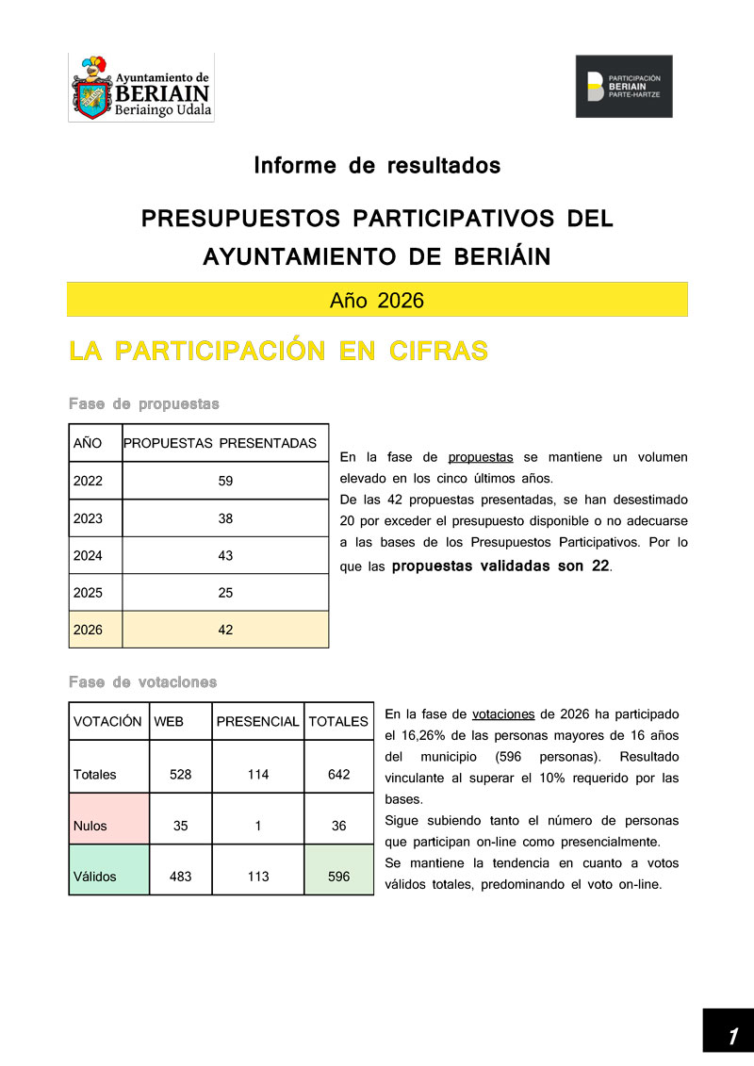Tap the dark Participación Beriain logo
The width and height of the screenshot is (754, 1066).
624,86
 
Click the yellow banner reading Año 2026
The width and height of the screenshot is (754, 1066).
377,300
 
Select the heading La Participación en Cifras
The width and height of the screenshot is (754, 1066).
278,352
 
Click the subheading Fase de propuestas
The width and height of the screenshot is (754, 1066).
143,404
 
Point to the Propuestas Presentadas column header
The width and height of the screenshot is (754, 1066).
225,443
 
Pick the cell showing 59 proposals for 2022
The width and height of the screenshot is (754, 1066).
225,481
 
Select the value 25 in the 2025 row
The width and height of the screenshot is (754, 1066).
225,593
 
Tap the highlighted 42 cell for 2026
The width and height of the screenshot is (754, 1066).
225,630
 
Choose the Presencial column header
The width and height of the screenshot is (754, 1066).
257,722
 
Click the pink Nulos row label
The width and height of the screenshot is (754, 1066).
90,826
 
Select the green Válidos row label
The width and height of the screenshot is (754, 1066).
95,877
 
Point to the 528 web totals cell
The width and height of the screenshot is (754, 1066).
181,775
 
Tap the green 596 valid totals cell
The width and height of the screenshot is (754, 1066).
339,877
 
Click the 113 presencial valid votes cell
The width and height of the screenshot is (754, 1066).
257,877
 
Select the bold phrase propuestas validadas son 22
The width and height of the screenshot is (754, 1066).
500,566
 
